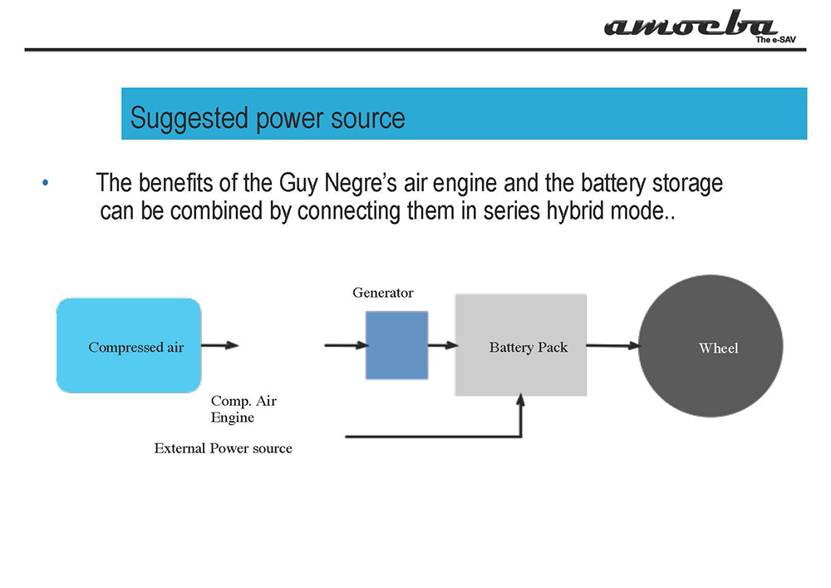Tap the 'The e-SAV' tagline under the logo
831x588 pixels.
click(775, 40)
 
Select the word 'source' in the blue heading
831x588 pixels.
click(368, 118)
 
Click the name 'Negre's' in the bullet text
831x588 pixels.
click(361, 184)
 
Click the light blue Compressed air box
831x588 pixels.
click(129, 346)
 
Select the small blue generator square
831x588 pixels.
click(397, 345)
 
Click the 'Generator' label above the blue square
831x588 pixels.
click(382, 293)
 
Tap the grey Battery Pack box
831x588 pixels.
click(521, 345)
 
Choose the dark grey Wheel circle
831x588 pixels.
click(711, 346)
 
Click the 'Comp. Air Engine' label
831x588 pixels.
click(243, 409)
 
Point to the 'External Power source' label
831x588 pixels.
click(223, 448)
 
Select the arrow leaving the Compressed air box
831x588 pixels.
click(220, 346)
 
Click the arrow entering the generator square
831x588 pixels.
click(346, 346)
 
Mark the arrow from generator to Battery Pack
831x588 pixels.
click(443, 346)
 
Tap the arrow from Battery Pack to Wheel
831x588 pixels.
click(613, 346)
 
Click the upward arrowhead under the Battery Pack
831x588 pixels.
click(521, 400)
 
